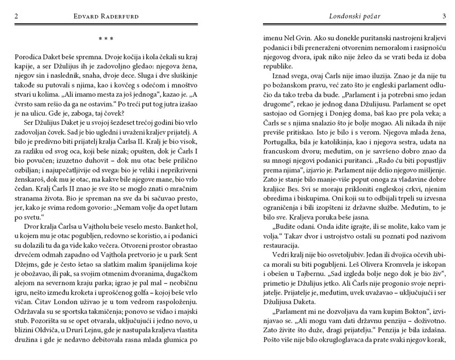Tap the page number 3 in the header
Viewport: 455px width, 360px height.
click(x=443, y=16)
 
